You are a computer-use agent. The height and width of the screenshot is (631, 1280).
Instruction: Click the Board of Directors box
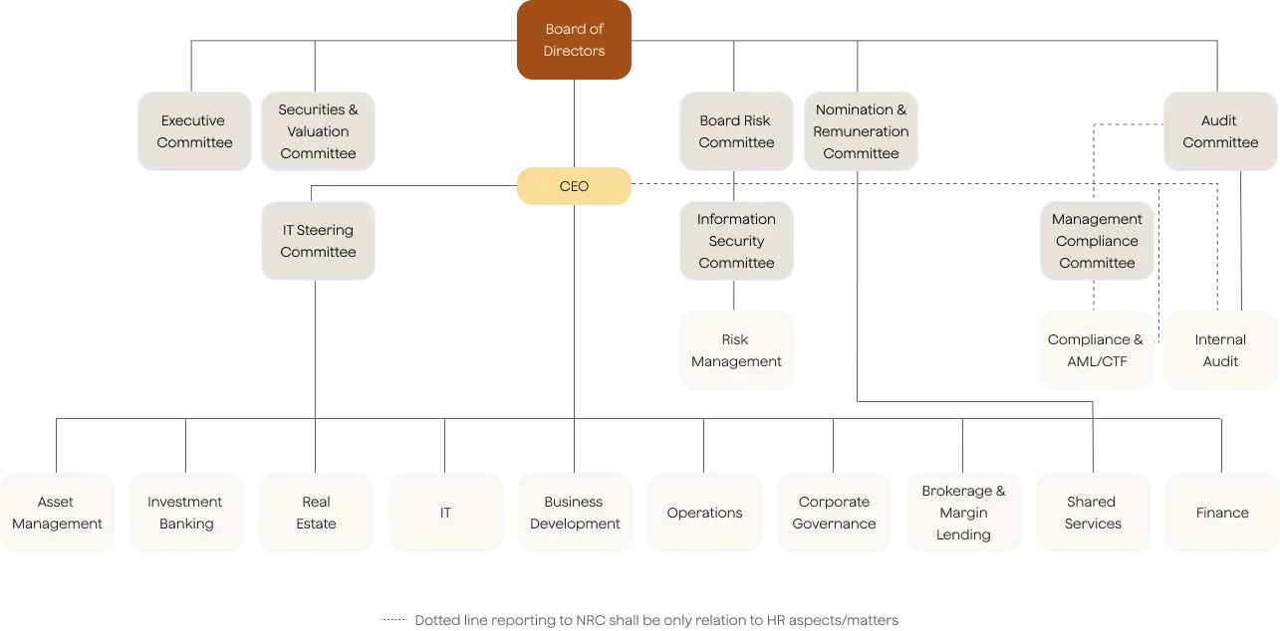tap(574, 41)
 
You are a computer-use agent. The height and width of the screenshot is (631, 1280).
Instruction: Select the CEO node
tap(574, 186)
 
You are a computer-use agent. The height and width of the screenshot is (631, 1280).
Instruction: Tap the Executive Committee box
tap(194, 131)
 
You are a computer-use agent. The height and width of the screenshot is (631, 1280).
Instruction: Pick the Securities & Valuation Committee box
tap(318, 131)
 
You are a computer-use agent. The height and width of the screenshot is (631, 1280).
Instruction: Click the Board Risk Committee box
tap(736, 131)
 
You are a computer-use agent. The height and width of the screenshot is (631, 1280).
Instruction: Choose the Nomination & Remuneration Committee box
tap(861, 131)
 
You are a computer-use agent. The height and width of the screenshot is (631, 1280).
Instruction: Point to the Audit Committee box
tap(1219, 131)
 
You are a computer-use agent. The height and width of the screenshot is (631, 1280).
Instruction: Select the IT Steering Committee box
tap(318, 241)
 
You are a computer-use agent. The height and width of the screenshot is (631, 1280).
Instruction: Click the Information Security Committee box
tap(736, 241)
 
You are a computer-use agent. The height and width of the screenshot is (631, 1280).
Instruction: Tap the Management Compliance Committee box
tap(1096, 241)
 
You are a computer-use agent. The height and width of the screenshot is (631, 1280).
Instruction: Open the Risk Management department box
tap(736, 350)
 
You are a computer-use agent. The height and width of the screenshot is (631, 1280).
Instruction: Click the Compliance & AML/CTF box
tap(1096, 350)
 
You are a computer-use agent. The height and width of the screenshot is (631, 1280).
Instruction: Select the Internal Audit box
tap(1220, 350)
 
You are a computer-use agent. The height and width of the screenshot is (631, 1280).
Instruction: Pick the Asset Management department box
tap(57, 513)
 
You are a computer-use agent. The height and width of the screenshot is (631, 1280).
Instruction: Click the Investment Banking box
tap(185, 513)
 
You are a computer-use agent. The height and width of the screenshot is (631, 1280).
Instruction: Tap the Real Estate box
tap(316, 513)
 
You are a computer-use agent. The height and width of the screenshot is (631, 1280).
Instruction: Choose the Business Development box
tap(575, 513)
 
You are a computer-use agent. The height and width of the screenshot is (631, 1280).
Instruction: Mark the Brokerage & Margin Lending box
tap(963, 513)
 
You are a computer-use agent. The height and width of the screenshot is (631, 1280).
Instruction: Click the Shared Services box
tap(1092, 513)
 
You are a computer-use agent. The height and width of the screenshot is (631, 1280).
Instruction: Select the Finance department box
tap(1221, 513)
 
